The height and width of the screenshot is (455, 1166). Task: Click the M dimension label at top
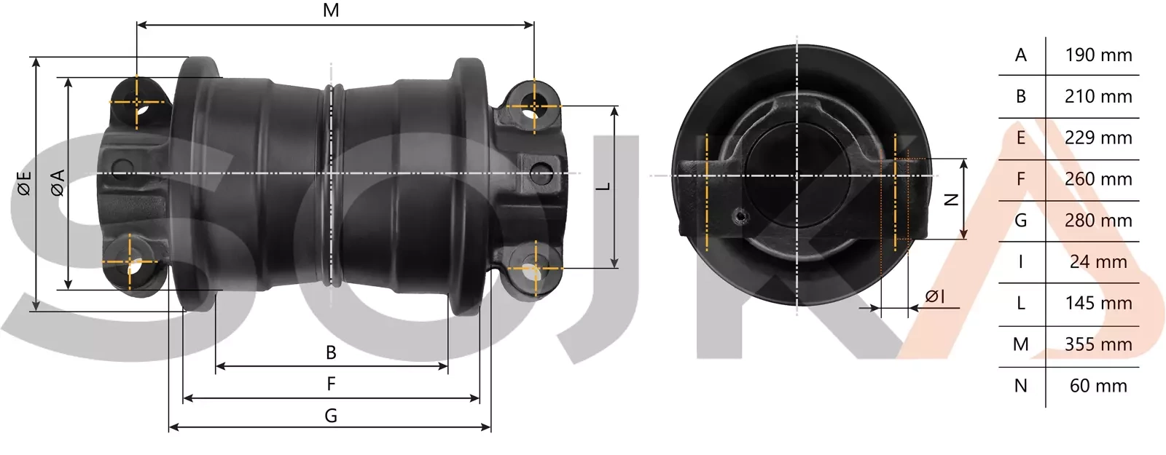click(x=331, y=10)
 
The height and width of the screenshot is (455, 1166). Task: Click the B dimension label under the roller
click(x=331, y=352)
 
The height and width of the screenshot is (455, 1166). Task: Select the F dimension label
click(x=331, y=384)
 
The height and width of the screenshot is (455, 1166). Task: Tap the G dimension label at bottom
click(x=331, y=416)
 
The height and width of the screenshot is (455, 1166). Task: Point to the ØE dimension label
click(x=23, y=183)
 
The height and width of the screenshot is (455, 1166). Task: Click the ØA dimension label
click(x=57, y=183)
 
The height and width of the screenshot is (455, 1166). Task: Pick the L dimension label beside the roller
click(x=603, y=186)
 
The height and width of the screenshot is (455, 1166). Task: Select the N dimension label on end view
click(x=950, y=199)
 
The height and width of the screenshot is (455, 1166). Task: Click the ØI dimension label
click(x=935, y=296)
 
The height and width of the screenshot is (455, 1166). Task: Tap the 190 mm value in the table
click(x=1098, y=55)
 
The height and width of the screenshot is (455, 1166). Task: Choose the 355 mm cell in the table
click(x=1098, y=344)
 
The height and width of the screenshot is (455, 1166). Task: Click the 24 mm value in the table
click(x=1098, y=262)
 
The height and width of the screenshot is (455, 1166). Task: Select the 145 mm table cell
click(x=1098, y=303)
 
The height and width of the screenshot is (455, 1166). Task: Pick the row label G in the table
click(x=1020, y=221)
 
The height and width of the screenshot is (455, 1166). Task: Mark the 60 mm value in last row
click(x=1098, y=386)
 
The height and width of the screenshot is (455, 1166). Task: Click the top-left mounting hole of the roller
click(x=138, y=103)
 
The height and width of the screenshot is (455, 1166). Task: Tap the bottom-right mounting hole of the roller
click(x=534, y=271)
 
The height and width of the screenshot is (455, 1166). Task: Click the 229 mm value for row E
click(x=1098, y=138)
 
